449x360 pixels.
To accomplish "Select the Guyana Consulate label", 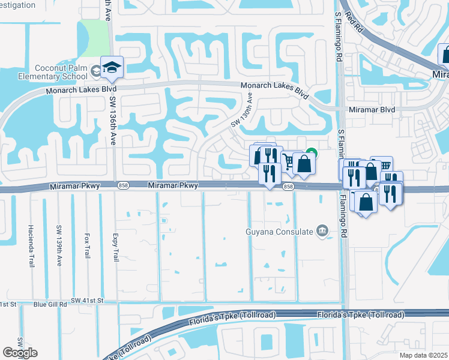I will point(280,232).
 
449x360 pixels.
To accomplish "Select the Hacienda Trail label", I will point(31,246).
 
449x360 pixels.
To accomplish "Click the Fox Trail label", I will point(88,246).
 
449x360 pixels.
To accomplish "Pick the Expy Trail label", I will point(116,246).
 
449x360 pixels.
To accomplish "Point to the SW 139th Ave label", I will point(59,246).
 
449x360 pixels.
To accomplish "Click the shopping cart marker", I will point(289,160).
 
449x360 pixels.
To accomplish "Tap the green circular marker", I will point(311,152).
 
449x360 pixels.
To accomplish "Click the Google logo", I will point(20,353).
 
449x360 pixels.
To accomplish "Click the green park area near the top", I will point(93,36).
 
